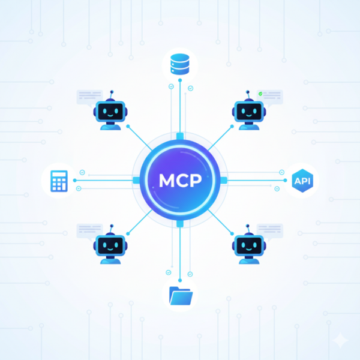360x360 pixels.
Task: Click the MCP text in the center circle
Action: pyautogui.click(x=180, y=180)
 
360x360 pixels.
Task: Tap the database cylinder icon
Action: pyautogui.click(x=180, y=64)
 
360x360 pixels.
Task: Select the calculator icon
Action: pyautogui.click(x=59, y=181)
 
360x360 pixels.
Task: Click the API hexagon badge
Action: pyautogui.click(x=302, y=181)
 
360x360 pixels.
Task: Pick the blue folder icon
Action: pyautogui.click(x=181, y=296)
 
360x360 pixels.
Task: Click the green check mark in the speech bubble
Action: pyautogui.click(x=260, y=94)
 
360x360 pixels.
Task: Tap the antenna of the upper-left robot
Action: pyautogui.click(x=112, y=95)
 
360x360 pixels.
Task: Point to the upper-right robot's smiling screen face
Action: pyautogui.click(x=249, y=112)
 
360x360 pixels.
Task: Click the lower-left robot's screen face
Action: pyautogui.click(x=110, y=245)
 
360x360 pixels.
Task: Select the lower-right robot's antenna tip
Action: pyautogui.click(x=247, y=226)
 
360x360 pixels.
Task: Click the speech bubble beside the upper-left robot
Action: pyautogui.click(x=89, y=98)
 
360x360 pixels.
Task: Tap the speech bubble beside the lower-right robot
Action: pyautogui.click(x=270, y=232)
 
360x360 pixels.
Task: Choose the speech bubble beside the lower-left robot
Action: pyautogui.click(x=89, y=232)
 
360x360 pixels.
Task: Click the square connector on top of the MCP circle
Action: pyautogui.click(x=180, y=136)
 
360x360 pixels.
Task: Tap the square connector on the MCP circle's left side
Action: pyautogui.click(x=136, y=180)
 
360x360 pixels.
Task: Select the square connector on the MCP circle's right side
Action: pyautogui.click(x=224, y=180)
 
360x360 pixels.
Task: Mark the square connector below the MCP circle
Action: pyautogui.click(x=180, y=224)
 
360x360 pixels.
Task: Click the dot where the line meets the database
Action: pyautogui.click(x=180, y=80)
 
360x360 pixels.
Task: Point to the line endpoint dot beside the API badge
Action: pyautogui.click(x=285, y=181)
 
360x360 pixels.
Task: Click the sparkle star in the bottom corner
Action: pyautogui.click(x=341, y=340)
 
